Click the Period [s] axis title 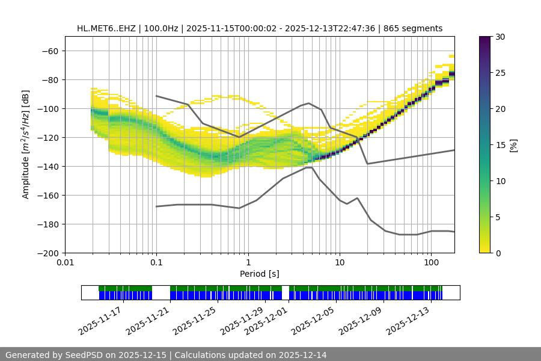(260, 274)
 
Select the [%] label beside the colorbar (513, 145)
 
